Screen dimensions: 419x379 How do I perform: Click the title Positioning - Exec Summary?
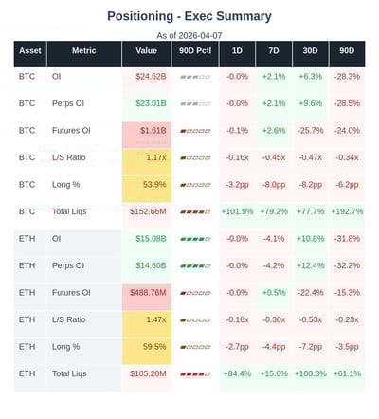click(x=189, y=16)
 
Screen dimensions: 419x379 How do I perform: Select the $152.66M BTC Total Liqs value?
click(x=149, y=211)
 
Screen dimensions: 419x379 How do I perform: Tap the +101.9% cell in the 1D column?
click(x=237, y=211)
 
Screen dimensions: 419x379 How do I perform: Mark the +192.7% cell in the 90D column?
click(x=347, y=211)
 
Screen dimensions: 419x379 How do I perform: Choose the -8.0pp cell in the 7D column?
click(x=274, y=184)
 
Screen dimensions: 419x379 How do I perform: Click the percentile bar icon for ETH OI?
click(x=194, y=239)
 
